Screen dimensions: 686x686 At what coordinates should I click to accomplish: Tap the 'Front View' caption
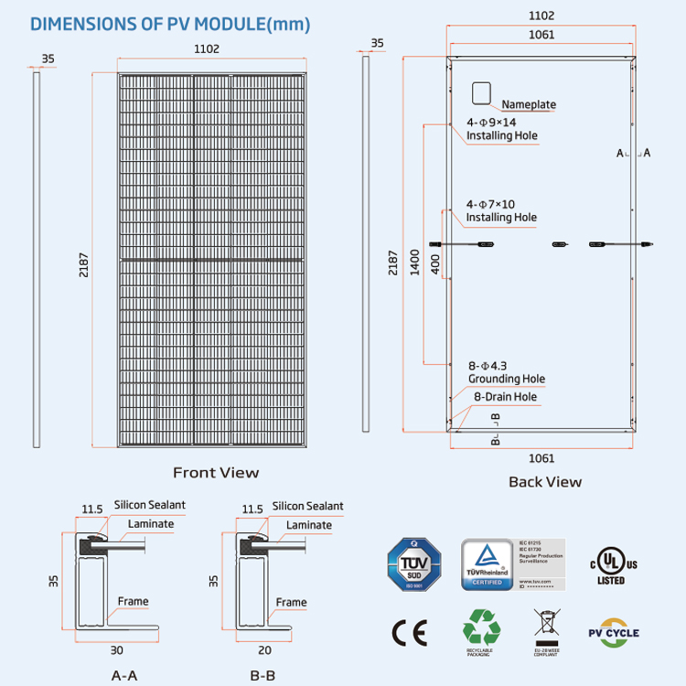coord(216,473)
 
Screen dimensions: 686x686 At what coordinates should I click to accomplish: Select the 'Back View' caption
coord(544,481)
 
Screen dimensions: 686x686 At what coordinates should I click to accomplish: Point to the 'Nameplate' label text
coord(528,104)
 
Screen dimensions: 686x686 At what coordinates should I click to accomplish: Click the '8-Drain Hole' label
coord(504,397)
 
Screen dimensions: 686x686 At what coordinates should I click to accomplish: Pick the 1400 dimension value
coord(415,263)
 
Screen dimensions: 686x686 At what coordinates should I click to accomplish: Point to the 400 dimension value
coord(434,263)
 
